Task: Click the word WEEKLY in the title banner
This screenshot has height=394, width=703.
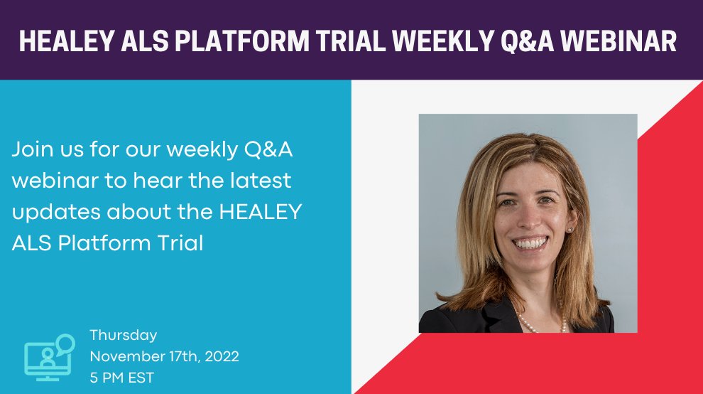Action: pyautogui.click(x=439, y=42)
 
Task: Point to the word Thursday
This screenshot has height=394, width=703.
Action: pyautogui.click(x=123, y=335)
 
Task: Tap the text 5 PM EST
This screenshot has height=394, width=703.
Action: pyautogui.click(x=121, y=378)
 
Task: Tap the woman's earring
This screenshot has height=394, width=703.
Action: pyautogui.click(x=570, y=230)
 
